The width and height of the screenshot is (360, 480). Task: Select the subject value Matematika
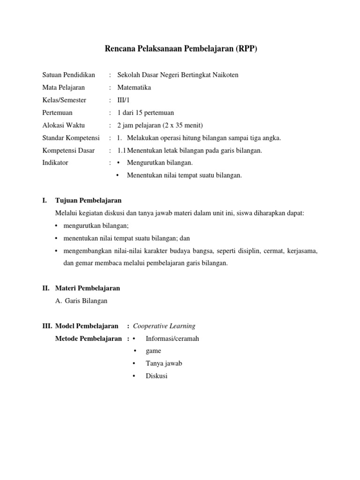click(x=135, y=88)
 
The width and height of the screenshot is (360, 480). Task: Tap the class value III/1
click(x=124, y=100)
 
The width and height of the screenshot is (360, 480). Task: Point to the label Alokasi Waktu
click(x=64, y=125)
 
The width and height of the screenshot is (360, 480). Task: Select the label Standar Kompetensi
click(x=71, y=138)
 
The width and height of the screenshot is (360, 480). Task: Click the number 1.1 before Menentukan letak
click(x=122, y=150)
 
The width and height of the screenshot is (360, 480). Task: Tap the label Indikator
click(x=55, y=163)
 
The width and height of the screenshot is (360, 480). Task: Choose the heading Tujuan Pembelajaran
click(x=88, y=201)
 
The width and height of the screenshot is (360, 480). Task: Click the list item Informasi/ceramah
click(x=172, y=338)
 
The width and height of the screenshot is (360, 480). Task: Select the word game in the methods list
click(x=153, y=351)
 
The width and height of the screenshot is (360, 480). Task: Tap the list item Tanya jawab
click(x=164, y=363)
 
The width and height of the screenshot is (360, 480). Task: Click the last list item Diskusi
click(x=157, y=376)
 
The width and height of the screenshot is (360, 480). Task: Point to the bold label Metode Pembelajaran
click(x=89, y=338)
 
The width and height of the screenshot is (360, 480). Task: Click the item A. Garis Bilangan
click(x=81, y=301)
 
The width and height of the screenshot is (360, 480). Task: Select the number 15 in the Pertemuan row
click(x=143, y=113)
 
